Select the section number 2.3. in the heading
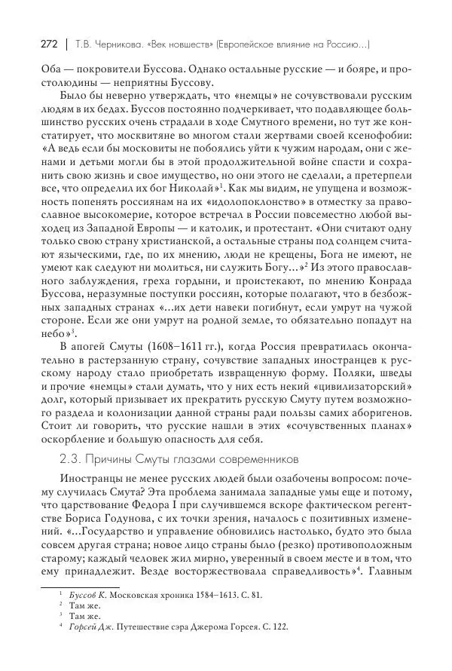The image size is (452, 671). point(69,458)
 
